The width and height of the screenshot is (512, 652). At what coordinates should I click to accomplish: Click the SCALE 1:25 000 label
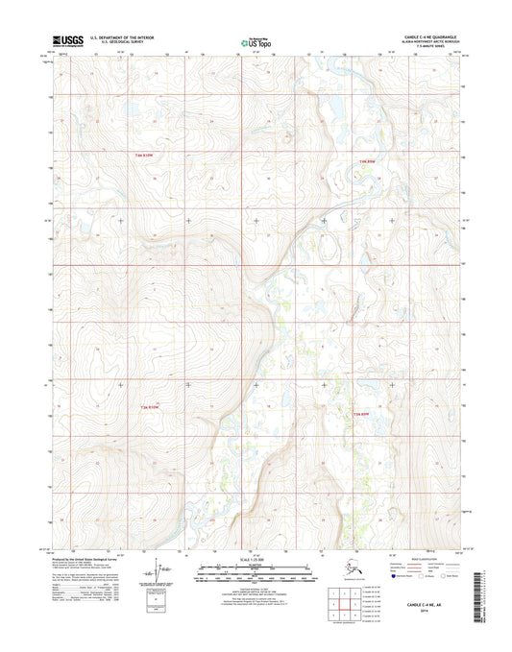(x=256, y=558)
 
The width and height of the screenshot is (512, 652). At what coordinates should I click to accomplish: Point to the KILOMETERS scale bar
(x=256, y=567)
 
